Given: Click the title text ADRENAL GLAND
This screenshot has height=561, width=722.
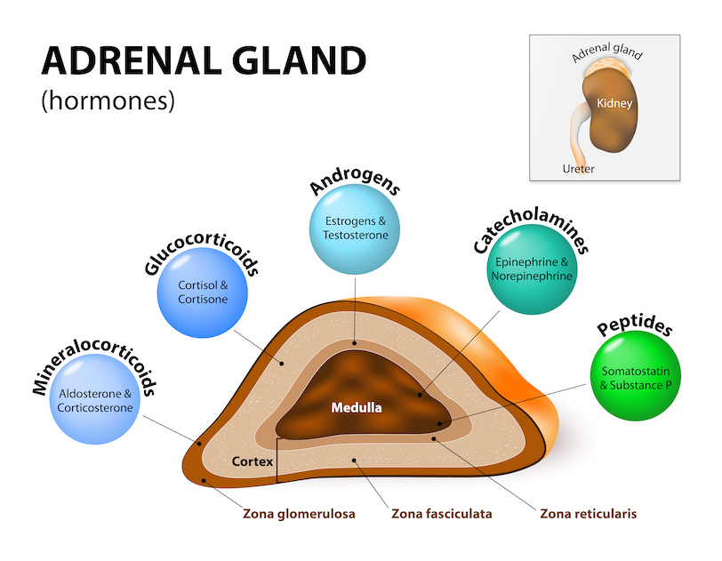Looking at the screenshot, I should click(x=204, y=61).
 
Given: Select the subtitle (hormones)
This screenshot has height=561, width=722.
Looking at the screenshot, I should click(x=108, y=100).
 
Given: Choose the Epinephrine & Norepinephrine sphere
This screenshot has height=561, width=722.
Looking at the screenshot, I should click(x=533, y=268).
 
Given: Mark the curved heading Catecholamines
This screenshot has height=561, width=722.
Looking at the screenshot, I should click(x=533, y=218).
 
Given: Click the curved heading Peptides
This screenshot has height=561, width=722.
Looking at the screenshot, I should click(x=635, y=328).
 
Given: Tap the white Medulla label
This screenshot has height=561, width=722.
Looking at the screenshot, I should click(x=356, y=409).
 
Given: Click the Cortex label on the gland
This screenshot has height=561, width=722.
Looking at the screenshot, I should click(x=252, y=462).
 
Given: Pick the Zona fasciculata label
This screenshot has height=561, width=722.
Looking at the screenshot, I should click(x=441, y=514).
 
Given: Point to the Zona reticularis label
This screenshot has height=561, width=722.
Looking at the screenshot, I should click(x=588, y=514).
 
